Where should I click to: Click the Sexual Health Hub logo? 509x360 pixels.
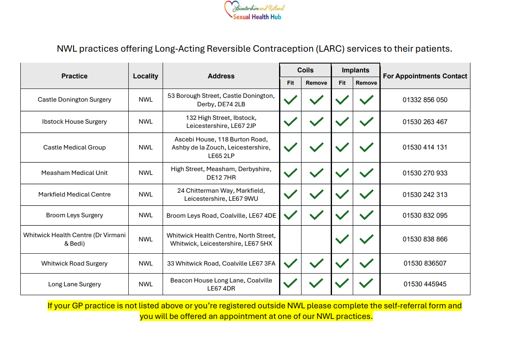coord(254,11)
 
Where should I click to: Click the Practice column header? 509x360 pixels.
coord(75,76)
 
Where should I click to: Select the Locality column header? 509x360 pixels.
coord(145,76)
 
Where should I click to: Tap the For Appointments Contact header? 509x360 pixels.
coord(425,76)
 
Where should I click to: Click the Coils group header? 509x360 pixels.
coord(305,70)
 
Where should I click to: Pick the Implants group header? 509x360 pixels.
coord(355,70)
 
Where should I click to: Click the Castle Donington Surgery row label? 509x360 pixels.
coord(75,100)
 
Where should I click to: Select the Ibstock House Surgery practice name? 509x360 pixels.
coord(75,122)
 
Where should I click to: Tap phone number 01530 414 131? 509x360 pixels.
coord(425,147)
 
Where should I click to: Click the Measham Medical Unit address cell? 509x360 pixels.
coord(221,173)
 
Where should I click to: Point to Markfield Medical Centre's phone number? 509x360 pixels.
coord(425,195)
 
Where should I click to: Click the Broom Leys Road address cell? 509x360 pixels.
coord(221,216)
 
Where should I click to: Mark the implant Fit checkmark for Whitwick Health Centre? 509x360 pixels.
coord(342,239)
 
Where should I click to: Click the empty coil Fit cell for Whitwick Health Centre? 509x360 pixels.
coord(290,239)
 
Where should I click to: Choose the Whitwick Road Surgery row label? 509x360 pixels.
coord(75,263)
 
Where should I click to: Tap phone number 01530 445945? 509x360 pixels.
coord(425,284)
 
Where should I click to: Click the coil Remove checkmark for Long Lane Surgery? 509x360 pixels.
coord(316,283)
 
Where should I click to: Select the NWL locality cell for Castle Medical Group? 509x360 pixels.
coord(145,147)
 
